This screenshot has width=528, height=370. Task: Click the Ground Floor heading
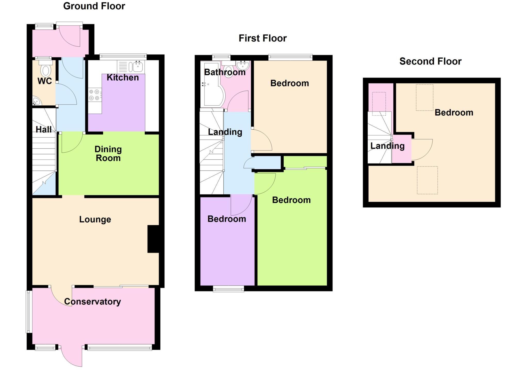coord(94,6)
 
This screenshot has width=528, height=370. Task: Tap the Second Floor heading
coord(430,61)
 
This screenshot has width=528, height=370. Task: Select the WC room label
coord(45,81)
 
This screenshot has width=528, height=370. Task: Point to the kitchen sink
coord(138,66)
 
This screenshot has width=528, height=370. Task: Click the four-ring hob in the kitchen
coord(94,95)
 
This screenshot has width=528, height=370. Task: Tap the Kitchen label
coord(123,77)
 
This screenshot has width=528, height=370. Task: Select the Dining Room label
coord(108,154)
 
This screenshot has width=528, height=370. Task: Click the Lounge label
coord(95,219)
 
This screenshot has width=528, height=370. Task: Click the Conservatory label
coord(92,302)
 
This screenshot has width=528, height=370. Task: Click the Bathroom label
coord(225,72)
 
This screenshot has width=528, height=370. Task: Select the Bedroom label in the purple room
coord(227,219)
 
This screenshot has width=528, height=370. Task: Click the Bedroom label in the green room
coord(291,200)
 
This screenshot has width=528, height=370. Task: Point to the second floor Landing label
coord(387,146)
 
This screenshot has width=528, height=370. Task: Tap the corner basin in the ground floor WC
coord(36,101)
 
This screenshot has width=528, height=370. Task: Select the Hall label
coord(43,129)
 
